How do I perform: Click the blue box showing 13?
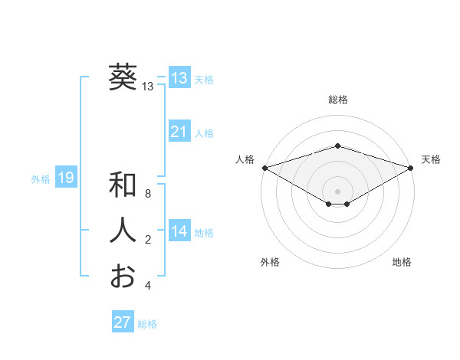click(179, 78)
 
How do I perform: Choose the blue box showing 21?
click(179, 132)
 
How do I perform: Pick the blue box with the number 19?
click(66, 178)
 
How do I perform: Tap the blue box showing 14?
click(179, 231)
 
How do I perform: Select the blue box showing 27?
click(123, 322)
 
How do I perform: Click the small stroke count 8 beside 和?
click(148, 195)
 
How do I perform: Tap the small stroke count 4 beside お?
click(148, 286)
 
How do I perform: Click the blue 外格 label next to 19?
click(41, 179)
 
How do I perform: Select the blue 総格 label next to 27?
click(147, 324)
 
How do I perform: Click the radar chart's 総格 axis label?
click(338, 100)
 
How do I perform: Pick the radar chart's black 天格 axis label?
click(431, 159)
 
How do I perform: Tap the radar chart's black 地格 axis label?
click(402, 262)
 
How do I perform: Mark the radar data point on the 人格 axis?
click(264, 167)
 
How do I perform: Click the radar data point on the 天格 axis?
click(411, 167)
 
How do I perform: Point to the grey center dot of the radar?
click(337, 191)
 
